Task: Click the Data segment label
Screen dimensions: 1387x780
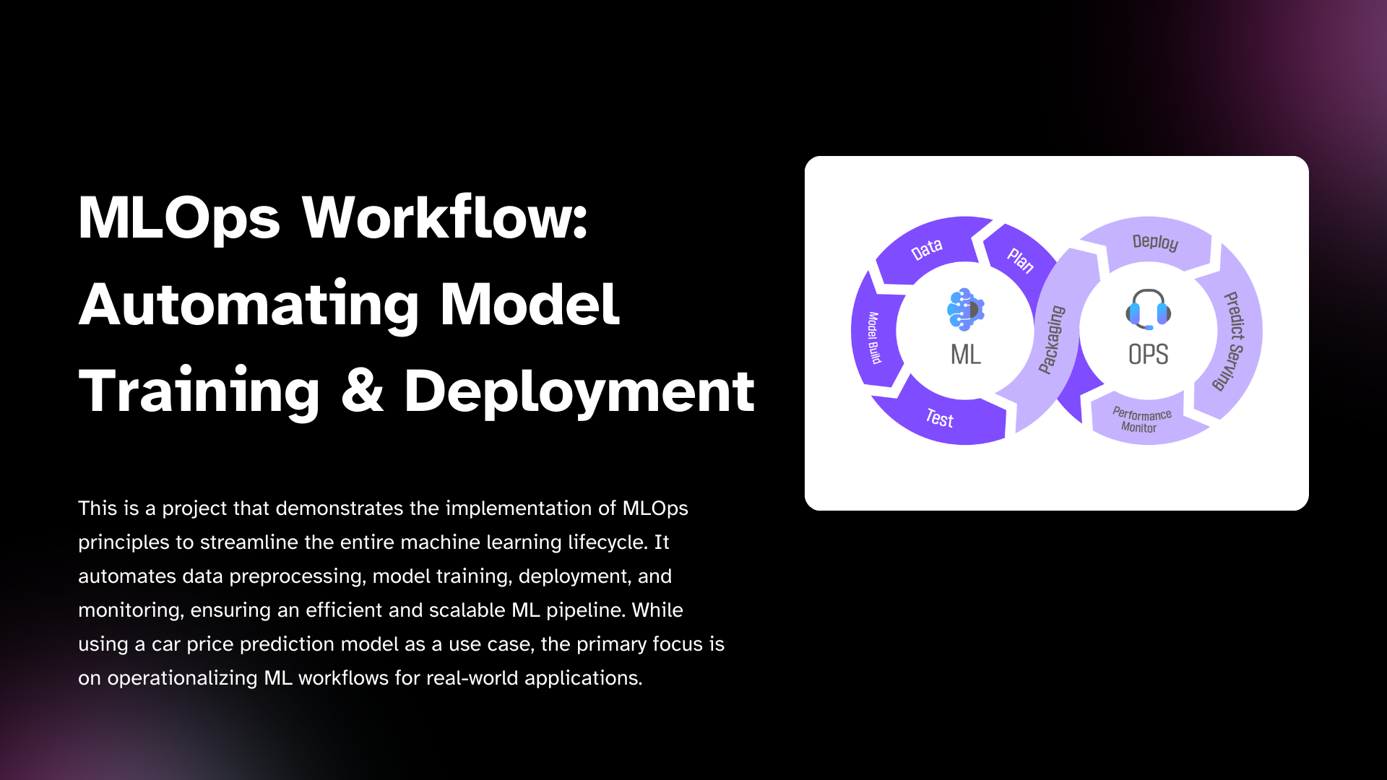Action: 927,249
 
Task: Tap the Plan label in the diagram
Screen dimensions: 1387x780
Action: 1021,260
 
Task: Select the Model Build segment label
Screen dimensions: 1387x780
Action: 874,338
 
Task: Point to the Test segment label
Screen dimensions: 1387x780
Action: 940,418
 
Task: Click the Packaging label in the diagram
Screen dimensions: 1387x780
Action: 1052,339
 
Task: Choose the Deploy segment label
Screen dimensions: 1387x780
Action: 1155,242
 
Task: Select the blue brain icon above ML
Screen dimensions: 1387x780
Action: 966,309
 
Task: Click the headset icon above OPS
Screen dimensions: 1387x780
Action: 1148,309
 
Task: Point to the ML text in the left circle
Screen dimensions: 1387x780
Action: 966,355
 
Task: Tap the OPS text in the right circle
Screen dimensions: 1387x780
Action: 1148,355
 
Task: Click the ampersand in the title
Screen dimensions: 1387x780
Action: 362,391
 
